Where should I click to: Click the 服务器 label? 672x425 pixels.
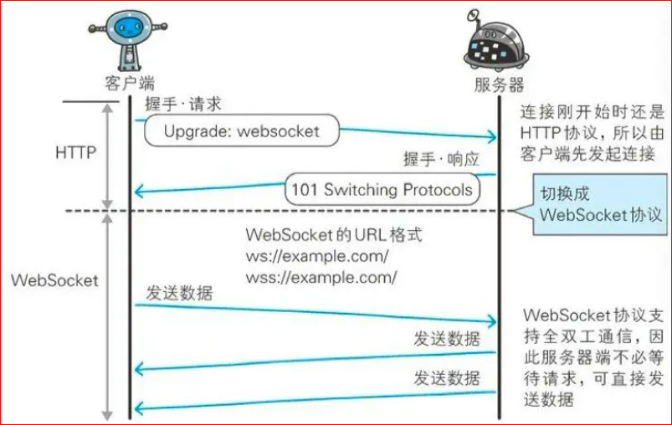coord(499,84)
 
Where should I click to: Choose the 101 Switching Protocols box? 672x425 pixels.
coord(381,189)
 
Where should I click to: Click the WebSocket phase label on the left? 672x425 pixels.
coord(55,280)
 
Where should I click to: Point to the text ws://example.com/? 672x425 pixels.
coord(317,256)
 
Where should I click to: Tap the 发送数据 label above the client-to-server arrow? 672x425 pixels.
coord(179,294)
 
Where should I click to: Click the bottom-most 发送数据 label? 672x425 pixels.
coord(447,378)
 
